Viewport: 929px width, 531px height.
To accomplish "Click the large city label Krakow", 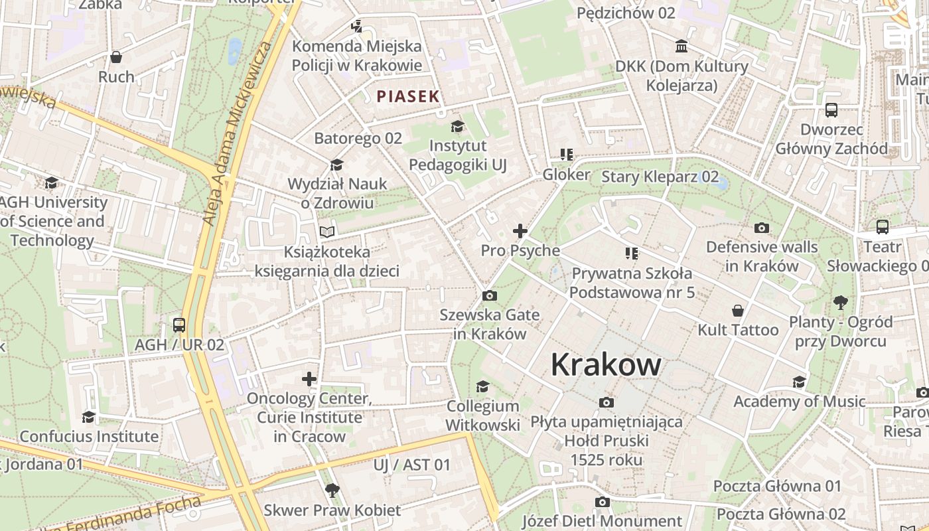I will click(606, 364).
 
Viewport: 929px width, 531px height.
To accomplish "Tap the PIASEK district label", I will click(408, 96).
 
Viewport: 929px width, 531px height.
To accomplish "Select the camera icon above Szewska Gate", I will click(490, 295).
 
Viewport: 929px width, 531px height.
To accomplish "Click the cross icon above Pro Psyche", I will click(520, 231).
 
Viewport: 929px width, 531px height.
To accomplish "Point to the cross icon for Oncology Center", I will click(309, 379).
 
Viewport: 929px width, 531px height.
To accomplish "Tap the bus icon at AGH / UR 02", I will click(179, 325).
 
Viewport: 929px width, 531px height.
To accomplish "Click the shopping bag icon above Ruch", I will click(116, 57).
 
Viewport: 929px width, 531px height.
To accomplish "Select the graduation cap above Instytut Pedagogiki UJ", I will click(457, 126).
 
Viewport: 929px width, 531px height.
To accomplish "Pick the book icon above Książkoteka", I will click(327, 232).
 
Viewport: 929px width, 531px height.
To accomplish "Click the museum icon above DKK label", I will click(681, 46).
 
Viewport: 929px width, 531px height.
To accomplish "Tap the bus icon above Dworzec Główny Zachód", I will click(831, 110).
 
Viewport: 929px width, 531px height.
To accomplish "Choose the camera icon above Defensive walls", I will click(762, 228).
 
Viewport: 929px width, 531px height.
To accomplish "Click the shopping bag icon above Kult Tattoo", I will click(737, 311).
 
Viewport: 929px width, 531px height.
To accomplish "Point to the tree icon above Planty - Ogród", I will click(841, 303).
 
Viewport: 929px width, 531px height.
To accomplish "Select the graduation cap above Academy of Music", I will click(799, 382).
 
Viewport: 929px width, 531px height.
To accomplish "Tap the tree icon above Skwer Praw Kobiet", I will click(332, 491).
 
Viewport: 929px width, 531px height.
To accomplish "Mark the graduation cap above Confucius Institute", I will click(88, 417).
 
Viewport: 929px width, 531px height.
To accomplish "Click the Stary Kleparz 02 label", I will click(660, 177).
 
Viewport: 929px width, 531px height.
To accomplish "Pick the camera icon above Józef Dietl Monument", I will click(602, 502).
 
